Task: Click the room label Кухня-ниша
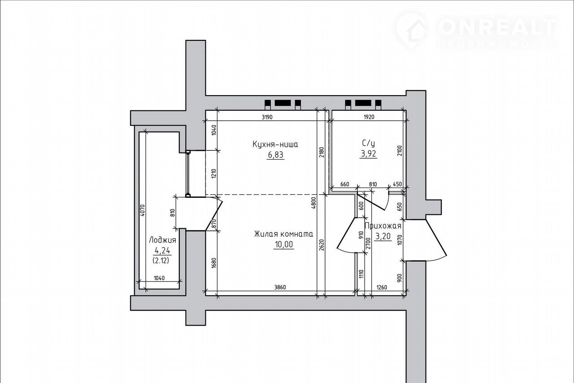coord(275,144)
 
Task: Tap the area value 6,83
coord(275,155)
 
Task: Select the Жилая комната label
coord(283,234)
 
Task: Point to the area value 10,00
coord(284,244)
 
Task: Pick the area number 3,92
coord(369,154)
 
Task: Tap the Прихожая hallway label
coord(383,226)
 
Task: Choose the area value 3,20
coord(383,236)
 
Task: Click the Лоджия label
coord(162,240)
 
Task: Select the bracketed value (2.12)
coord(161,261)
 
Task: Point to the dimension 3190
coord(267,117)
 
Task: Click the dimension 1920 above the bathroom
coord(369,117)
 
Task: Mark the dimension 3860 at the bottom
coord(280,287)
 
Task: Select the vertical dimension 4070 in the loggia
coord(143,210)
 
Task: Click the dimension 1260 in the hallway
coord(382,287)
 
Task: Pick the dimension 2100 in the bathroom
coord(400,152)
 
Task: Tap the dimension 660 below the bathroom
coord(345,184)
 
